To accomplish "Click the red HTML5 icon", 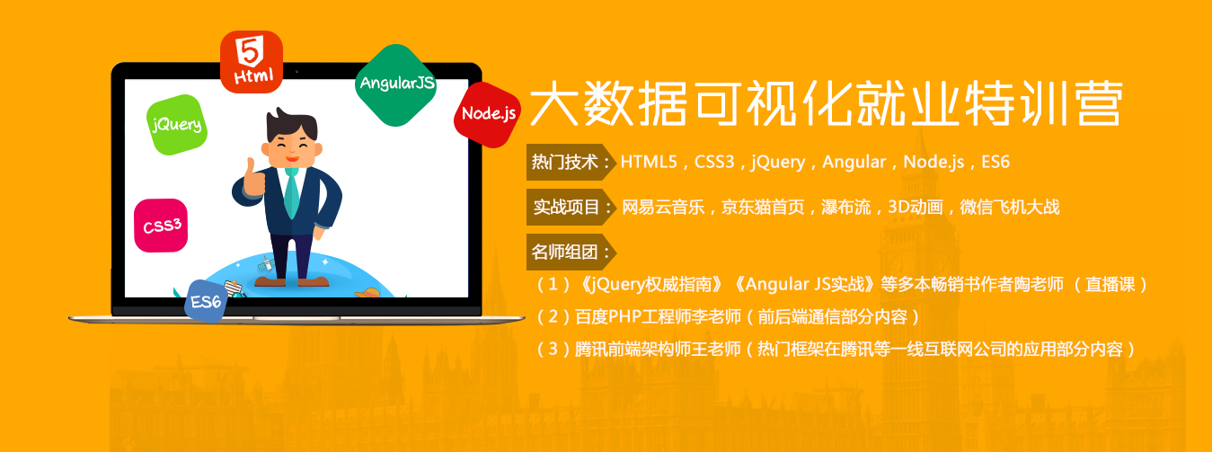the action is (x=252, y=62).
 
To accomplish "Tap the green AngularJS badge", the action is (x=396, y=85).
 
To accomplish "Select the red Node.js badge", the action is (x=488, y=115).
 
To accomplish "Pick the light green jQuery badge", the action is (x=176, y=125).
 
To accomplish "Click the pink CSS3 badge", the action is (x=161, y=226).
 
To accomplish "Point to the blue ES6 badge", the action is (x=206, y=301).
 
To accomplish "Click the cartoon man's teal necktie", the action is (x=292, y=192).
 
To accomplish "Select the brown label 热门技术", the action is (x=571, y=162).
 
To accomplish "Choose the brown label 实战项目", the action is (x=571, y=207).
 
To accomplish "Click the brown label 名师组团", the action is (x=571, y=252).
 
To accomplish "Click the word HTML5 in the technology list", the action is (x=649, y=162).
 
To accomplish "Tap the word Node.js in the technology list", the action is (x=933, y=162).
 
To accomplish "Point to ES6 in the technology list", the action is (x=995, y=162).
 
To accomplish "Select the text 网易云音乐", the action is (x=663, y=207).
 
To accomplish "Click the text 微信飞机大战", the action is (x=1010, y=207).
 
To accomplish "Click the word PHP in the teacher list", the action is (x=624, y=316).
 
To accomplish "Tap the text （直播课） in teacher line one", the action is (x=1110, y=284).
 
